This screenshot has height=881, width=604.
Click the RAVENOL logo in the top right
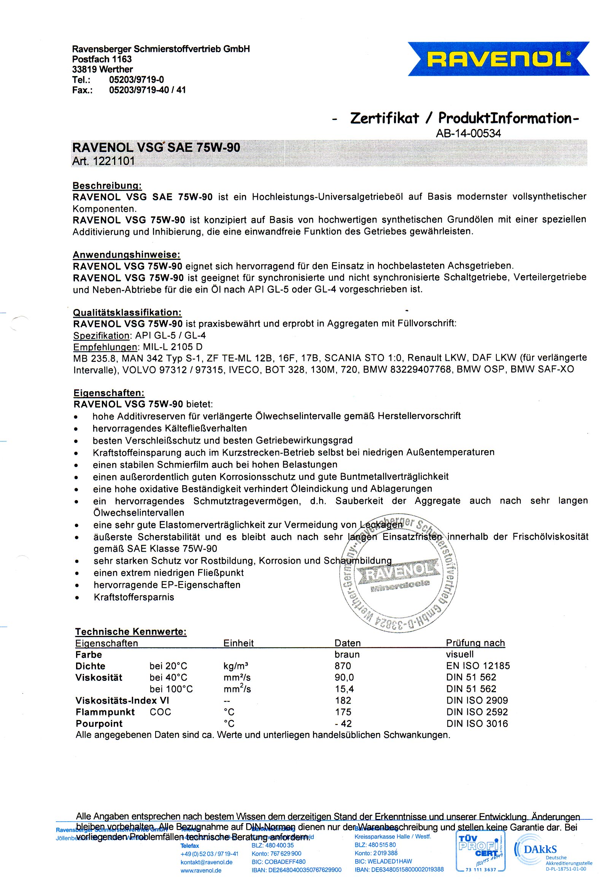498,59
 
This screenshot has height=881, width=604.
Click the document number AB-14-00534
468,133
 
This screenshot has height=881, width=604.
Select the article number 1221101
114,161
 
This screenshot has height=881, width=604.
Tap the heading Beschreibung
107,186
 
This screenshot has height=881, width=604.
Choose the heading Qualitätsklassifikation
127,312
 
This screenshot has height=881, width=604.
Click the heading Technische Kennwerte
130,632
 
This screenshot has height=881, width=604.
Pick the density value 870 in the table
343,666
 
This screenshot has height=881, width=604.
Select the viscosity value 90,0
344,677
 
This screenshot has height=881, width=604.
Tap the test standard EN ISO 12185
478,666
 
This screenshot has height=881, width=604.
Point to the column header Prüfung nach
475,643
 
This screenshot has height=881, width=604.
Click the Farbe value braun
347,655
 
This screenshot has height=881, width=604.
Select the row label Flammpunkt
105,712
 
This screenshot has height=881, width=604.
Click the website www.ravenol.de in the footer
201,870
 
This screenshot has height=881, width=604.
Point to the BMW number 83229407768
421,369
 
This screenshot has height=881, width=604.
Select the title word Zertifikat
384,118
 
